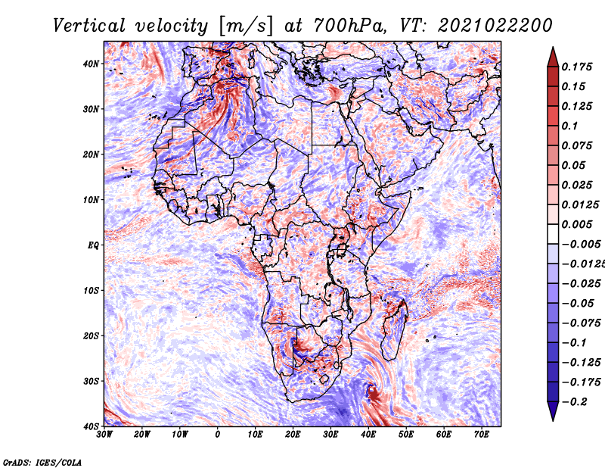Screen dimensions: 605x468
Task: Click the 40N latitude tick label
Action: [91, 64]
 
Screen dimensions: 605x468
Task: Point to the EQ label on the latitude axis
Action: [93, 245]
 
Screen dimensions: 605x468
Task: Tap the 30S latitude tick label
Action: [91, 381]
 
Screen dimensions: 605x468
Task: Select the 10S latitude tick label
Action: [91, 290]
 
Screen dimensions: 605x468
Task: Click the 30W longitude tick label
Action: [104, 434]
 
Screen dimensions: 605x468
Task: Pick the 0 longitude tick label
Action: [218, 434]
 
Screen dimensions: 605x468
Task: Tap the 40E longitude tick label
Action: [368, 434]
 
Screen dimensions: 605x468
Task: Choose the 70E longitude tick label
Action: [482, 434]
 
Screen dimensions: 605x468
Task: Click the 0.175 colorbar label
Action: [577, 67]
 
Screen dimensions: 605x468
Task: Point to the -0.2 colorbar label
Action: [575, 401]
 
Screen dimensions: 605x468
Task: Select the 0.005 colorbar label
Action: [577, 224]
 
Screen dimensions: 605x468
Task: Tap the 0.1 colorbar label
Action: [570, 126]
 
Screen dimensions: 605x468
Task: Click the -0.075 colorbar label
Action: [582, 323]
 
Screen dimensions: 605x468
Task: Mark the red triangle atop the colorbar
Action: [553, 58]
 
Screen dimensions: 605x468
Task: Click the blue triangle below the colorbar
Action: [553, 410]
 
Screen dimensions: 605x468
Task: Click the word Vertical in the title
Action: [89, 26]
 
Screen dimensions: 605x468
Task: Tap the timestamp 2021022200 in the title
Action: [495, 26]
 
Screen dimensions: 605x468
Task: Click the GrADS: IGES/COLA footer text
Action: [42, 462]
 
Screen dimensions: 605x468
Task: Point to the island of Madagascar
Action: [394, 329]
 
